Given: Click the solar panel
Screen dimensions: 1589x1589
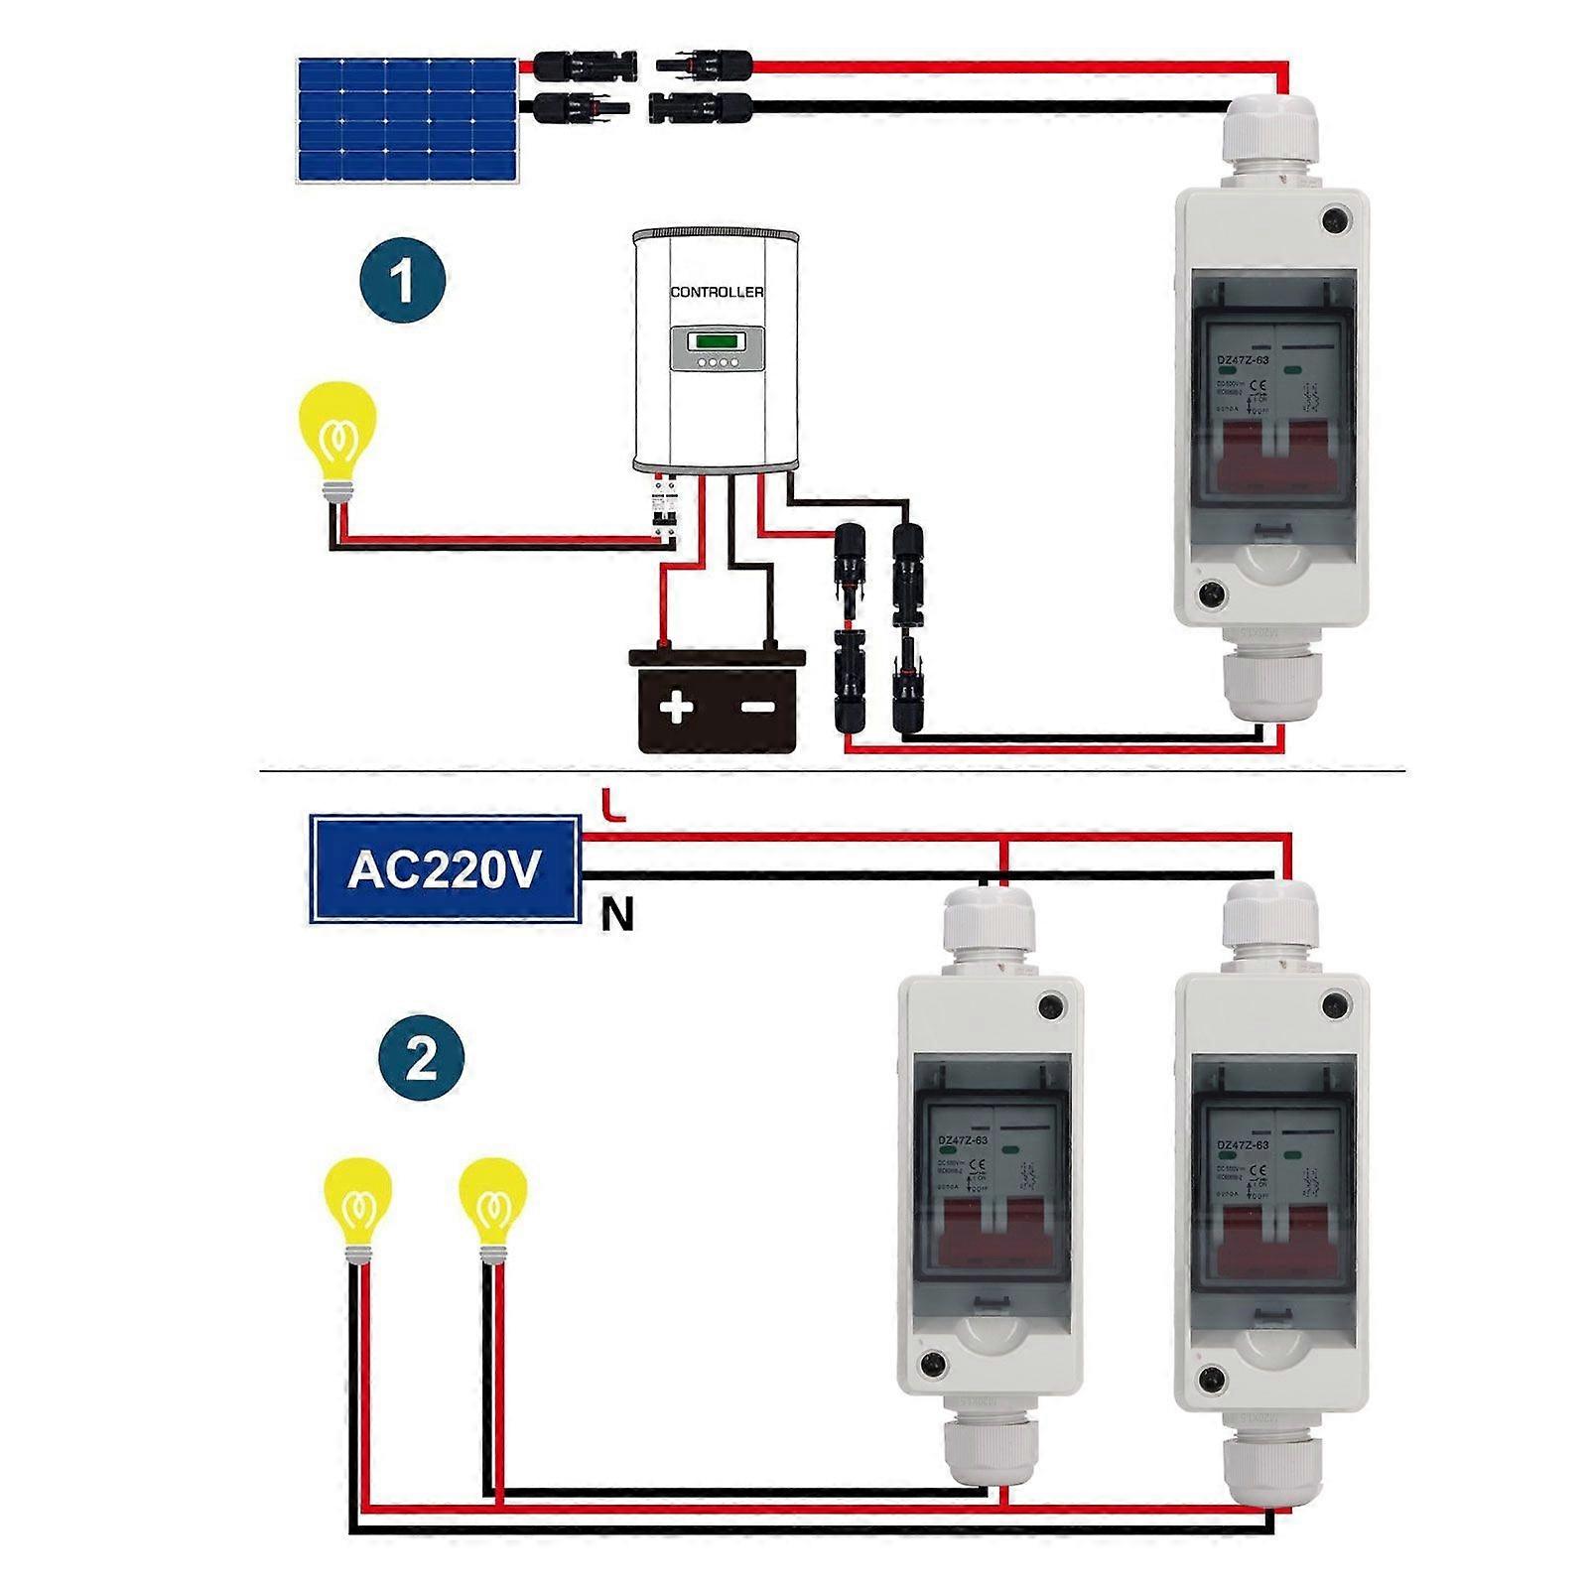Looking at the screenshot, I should click(x=407, y=119).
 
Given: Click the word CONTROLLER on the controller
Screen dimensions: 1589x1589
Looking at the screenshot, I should click(x=717, y=292).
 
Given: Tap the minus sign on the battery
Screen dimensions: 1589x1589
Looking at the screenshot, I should click(x=758, y=707).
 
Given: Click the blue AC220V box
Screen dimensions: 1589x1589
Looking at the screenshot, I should click(x=445, y=869).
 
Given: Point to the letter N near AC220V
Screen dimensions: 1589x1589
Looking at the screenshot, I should click(x=616, y=914).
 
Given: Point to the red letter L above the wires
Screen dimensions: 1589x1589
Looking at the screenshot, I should click(x=613, y=805).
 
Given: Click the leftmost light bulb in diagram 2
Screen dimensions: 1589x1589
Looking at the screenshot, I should click(x=358, y=1203).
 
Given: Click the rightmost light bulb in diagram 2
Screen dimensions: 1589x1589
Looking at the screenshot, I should click(x=492, y=1203).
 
